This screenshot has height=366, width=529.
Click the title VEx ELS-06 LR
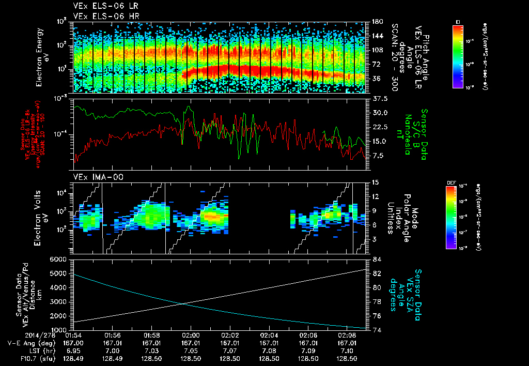coord(101,7)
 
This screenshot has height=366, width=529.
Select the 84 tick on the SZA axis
coord(377,259)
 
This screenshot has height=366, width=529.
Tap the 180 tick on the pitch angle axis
coord(378,22)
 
